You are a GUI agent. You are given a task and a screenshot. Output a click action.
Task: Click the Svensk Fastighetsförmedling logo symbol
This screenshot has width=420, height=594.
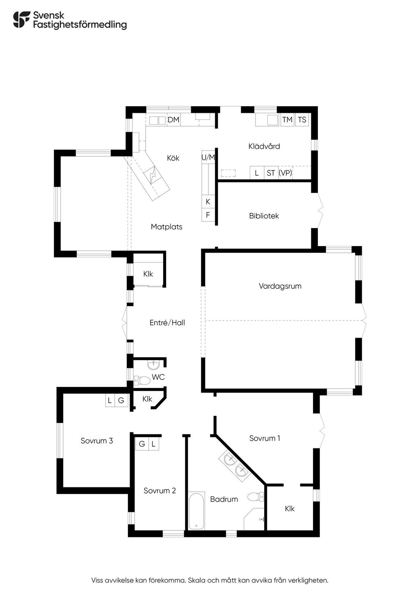(x=22, y=19)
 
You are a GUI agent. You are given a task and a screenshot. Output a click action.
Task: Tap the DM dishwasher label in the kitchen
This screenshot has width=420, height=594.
(x=173, y=120)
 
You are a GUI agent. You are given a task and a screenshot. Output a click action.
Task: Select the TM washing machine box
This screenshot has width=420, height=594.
(x=287, y=120)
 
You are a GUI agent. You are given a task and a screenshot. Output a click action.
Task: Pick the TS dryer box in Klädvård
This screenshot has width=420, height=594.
(x=302, y=120)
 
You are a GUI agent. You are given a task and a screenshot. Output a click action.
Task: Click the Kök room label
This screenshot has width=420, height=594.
(x=173, y=158)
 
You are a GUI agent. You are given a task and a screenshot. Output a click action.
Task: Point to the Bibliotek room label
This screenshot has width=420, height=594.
(x=264, y=216)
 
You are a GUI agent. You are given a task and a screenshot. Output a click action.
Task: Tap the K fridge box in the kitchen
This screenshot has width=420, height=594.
(x=208, y=201)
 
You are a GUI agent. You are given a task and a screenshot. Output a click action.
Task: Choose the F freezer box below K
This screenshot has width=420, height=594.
(x=208, y=215)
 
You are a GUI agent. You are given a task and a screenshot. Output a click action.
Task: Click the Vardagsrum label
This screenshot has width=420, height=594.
(x=280, y=286)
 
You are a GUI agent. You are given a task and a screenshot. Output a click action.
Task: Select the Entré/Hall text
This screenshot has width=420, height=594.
(x=167, y=323)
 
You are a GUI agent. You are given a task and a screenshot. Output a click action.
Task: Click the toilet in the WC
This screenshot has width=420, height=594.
(x=142, y=380)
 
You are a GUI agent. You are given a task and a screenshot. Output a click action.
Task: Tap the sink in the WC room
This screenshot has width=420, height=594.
(x=153, y=365)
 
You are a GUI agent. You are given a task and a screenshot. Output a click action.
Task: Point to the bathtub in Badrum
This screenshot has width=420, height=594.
(x=196, y=511)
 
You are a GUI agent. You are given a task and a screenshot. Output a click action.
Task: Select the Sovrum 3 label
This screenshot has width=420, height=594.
(x=97, y=441)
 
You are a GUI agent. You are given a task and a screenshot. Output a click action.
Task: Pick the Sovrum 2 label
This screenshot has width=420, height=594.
(x=160, y=491)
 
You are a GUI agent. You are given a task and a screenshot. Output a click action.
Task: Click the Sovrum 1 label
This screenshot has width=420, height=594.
(x=265, y=439)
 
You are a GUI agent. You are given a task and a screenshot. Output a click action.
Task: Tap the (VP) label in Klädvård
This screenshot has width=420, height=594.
(x=285, y=173)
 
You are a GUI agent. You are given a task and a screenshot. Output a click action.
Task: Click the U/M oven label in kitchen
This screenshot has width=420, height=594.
(x=208, y=158)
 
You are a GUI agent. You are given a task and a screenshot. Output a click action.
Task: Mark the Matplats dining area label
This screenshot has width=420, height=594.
(x=167, y=227)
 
